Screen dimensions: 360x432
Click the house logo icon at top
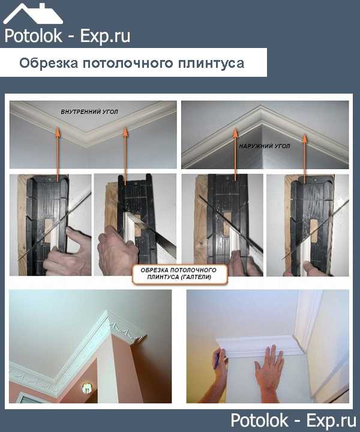coord(33,14)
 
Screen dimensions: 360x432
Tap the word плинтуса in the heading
coord(211,64)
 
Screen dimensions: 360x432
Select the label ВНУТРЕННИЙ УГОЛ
coord(89,112)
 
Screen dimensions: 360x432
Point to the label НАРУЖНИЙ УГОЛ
coord(265,146)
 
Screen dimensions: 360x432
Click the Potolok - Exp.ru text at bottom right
coord(293,420)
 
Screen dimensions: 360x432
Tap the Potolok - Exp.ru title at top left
coord(67,37)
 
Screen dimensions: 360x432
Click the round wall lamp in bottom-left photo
coord(86,388)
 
